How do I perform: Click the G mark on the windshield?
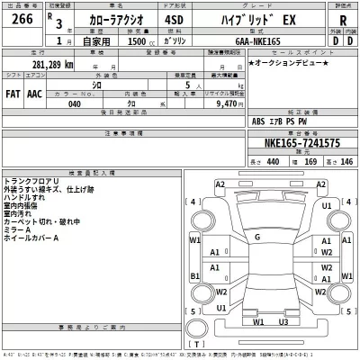point(257,238)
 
